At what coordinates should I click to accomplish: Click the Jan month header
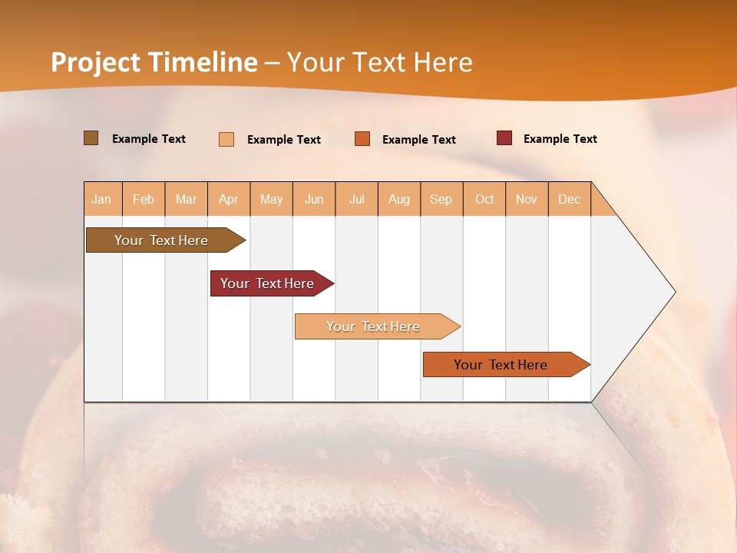102,199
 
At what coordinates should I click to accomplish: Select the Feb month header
144,199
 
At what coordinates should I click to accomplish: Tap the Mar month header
186,199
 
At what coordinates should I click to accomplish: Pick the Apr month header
229,199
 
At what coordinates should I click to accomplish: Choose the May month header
271,199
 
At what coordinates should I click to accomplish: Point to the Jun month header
314,199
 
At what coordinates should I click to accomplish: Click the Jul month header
356,199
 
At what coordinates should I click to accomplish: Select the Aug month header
399,199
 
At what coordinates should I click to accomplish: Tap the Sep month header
441,199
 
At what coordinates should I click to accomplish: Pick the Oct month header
484,199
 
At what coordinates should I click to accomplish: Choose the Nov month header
527,199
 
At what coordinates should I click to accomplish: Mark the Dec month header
570,199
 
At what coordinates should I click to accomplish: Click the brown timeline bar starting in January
162,240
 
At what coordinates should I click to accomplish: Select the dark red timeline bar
268,283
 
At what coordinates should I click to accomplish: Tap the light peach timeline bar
374,326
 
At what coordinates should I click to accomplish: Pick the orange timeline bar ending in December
501,365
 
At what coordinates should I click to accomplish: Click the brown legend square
91,138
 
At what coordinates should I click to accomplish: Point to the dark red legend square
504,138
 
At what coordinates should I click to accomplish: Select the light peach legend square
226,139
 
